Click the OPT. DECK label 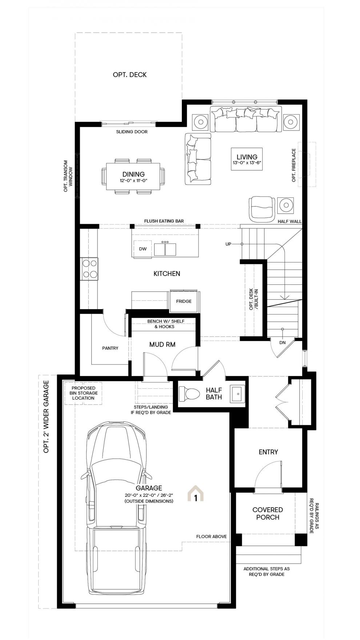click(x=130, y=75)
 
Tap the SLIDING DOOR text click(x=132, y=132)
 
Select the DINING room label click(x=133, y=174)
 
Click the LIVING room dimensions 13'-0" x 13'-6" click(x=247, y=163)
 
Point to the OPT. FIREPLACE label click(x=294, y=165)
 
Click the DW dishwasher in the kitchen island click(x=143, y=249)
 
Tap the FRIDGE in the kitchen click(x=184, y=301)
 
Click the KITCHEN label click(x=167, y=273)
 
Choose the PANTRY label click(x=110, y=348)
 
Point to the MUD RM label click(x=163, y=344)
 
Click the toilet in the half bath click(x=189, y=393)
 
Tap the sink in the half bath click(x=238, y=393)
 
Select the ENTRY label click(x=268, y=452)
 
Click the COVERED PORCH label click(x=268, y=513)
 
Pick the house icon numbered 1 click(x=196, y=493)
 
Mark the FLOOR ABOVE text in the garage click(x=211, y=536)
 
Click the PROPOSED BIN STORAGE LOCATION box click(x=84, y=393)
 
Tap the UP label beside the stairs click(x=228, y=244)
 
